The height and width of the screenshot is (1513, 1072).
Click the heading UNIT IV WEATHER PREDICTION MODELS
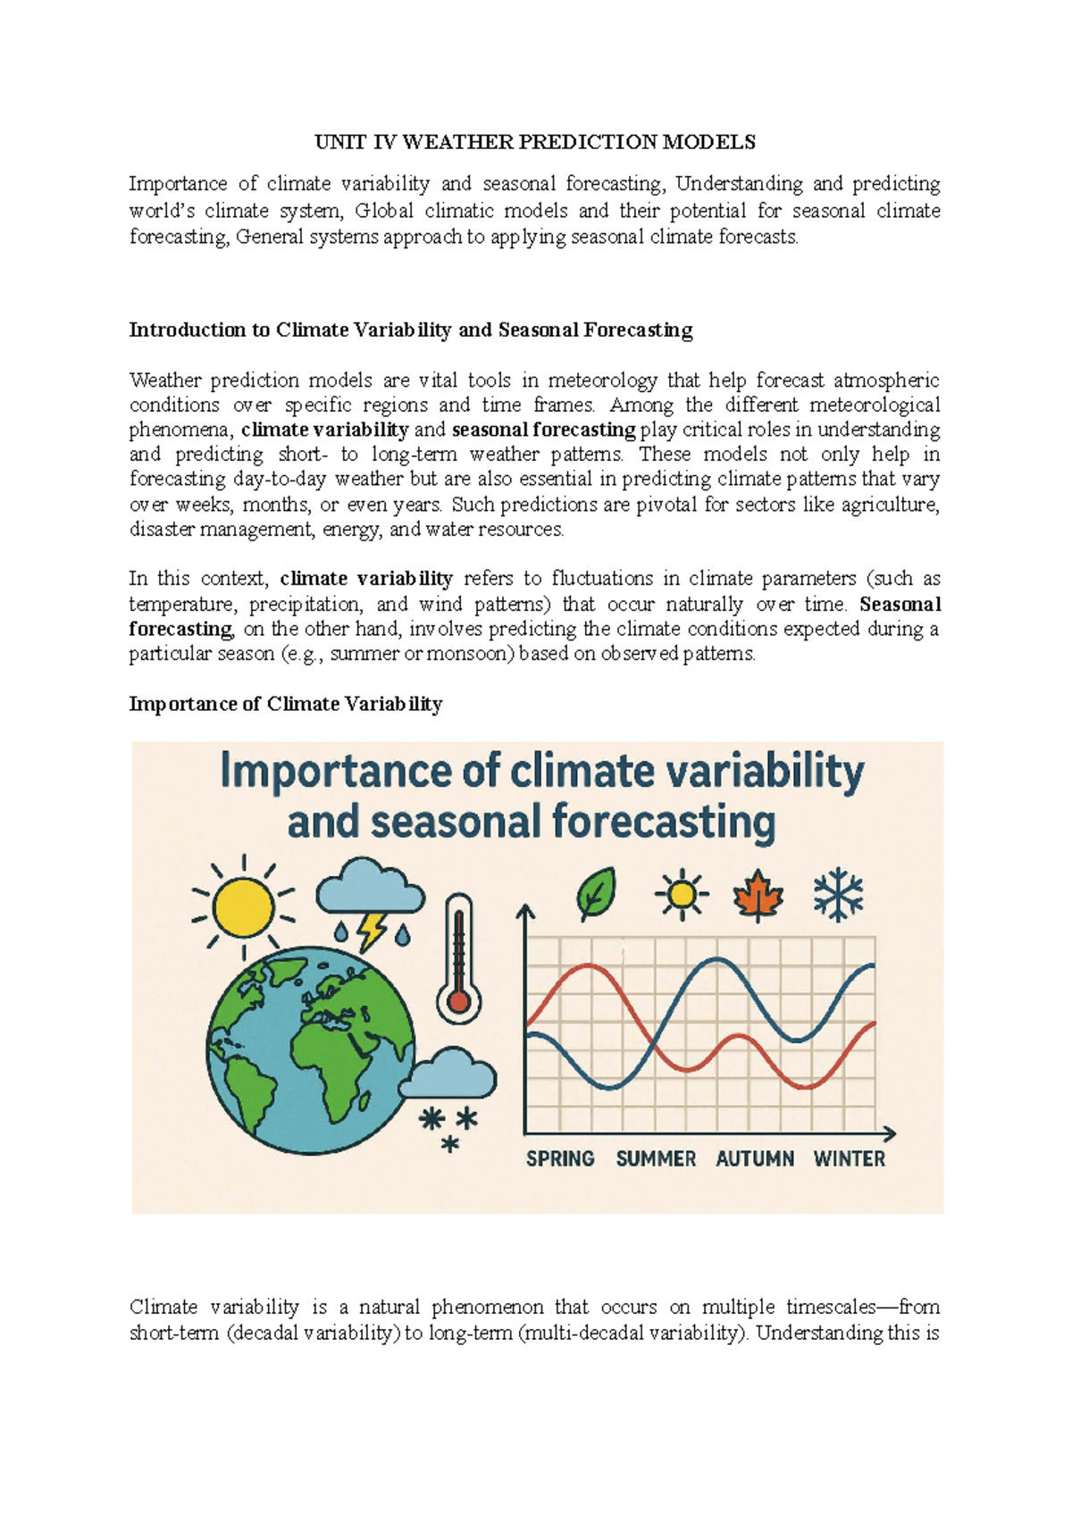tap(535, 142)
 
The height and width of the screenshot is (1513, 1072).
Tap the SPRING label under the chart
tap(560, 1159)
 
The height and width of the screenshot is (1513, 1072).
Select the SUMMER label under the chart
tap(656, 1159)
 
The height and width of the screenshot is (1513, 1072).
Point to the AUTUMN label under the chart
tap(755, 1159)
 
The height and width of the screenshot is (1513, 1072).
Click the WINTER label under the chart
tap(849, 1159)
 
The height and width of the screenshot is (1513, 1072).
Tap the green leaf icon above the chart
tap(596, 894)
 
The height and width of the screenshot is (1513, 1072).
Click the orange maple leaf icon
tap(758, 895)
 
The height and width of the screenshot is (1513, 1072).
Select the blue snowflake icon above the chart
tap(838, 895)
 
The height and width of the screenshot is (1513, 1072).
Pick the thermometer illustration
tap(459, 956)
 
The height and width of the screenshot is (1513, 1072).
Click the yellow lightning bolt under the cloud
tap(370, 931)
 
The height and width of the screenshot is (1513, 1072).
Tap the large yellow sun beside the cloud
tap(243, 906)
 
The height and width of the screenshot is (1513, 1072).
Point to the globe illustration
tap(311, 1051)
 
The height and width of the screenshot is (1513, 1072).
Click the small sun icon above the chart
tap(682, 894)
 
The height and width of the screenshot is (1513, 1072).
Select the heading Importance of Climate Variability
tap(286, 704)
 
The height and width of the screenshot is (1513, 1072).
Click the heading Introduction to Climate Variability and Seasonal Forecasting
tap(411, 330)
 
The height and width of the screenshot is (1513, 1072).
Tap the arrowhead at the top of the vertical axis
tap(526, 911)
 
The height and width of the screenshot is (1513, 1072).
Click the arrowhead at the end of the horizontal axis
tap(889, 1134)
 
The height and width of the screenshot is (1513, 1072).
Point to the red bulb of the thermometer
tap(459, 1001)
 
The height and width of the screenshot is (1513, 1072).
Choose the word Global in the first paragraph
tap(384, 211)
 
